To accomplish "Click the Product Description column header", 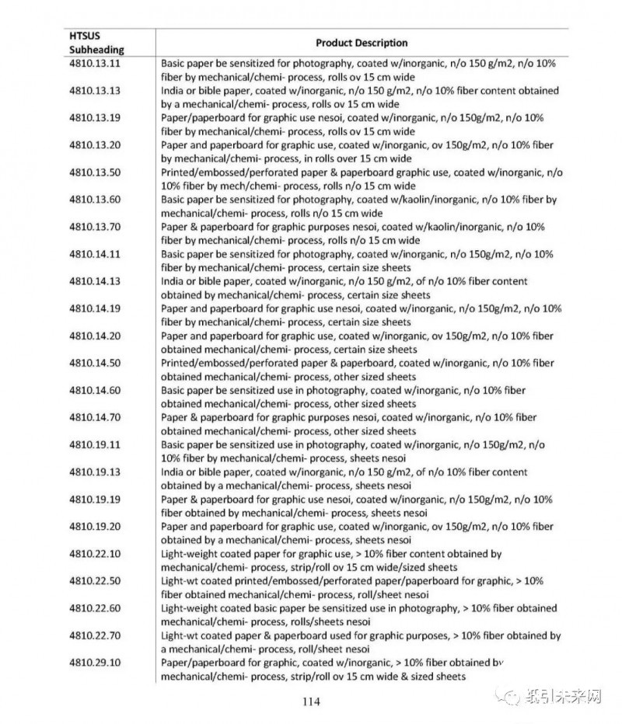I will (x=362, y=43).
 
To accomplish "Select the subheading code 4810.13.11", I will (x=94, y=63).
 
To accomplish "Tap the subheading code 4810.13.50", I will (x=94, y=172).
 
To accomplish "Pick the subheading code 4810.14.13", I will (x=94, y=281).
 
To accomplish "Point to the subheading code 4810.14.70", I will (x=94, y=418).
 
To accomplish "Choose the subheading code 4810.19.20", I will (x=94, y=527).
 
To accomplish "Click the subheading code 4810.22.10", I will (x=94, y=554).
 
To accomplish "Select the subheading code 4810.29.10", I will (x=94, y=663).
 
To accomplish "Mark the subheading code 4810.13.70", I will (x=94, y=227).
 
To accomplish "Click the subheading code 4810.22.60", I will (x=94, y=608).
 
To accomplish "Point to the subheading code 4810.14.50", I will (x=94, y=363).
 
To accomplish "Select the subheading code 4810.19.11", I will (x=94, y=445).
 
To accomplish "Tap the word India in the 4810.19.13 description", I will (x=173, y=472).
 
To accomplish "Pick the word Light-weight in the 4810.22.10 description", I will (x=190, y=554).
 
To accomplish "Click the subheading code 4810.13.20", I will (x=94, y=144).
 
